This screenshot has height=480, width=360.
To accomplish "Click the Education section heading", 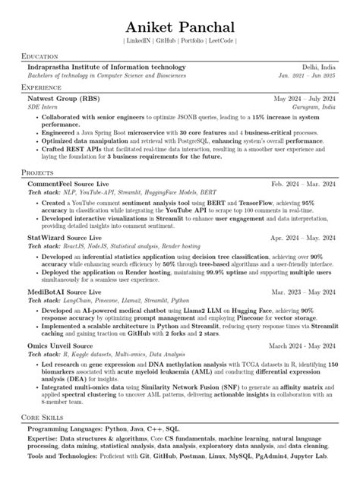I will tap(43, 57).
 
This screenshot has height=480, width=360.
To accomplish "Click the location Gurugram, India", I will tap(312, 108).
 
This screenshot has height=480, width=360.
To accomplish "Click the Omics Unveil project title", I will tap(50, 346).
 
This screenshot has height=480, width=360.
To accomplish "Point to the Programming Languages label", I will tap(65, 429).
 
